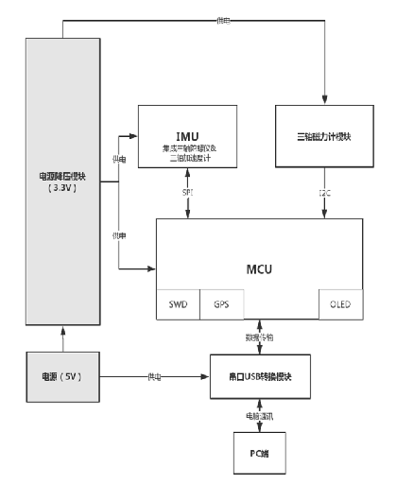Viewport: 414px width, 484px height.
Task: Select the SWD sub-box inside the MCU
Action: coord(178,305)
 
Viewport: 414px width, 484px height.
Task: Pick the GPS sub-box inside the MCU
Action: coord(220,305)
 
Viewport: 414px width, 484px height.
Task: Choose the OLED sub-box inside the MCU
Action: coord(339,305)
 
